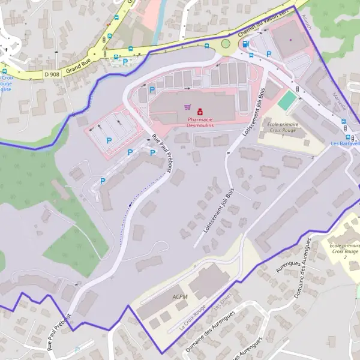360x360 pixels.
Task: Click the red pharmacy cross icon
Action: point(200,111)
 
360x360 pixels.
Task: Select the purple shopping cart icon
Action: point(188,107)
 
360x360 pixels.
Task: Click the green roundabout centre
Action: point(226,43)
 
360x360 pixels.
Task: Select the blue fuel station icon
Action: point(251,55)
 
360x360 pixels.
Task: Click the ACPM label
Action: point(179,296)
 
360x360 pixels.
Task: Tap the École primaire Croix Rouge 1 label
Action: point(284,127)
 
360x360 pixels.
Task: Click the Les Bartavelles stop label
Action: point(346,143)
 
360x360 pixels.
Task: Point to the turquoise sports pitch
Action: point(287,100)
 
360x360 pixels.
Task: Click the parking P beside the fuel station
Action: point(269,54)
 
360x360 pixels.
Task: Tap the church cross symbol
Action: point(7,48)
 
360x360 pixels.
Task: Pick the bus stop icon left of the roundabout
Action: point(207,46)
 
